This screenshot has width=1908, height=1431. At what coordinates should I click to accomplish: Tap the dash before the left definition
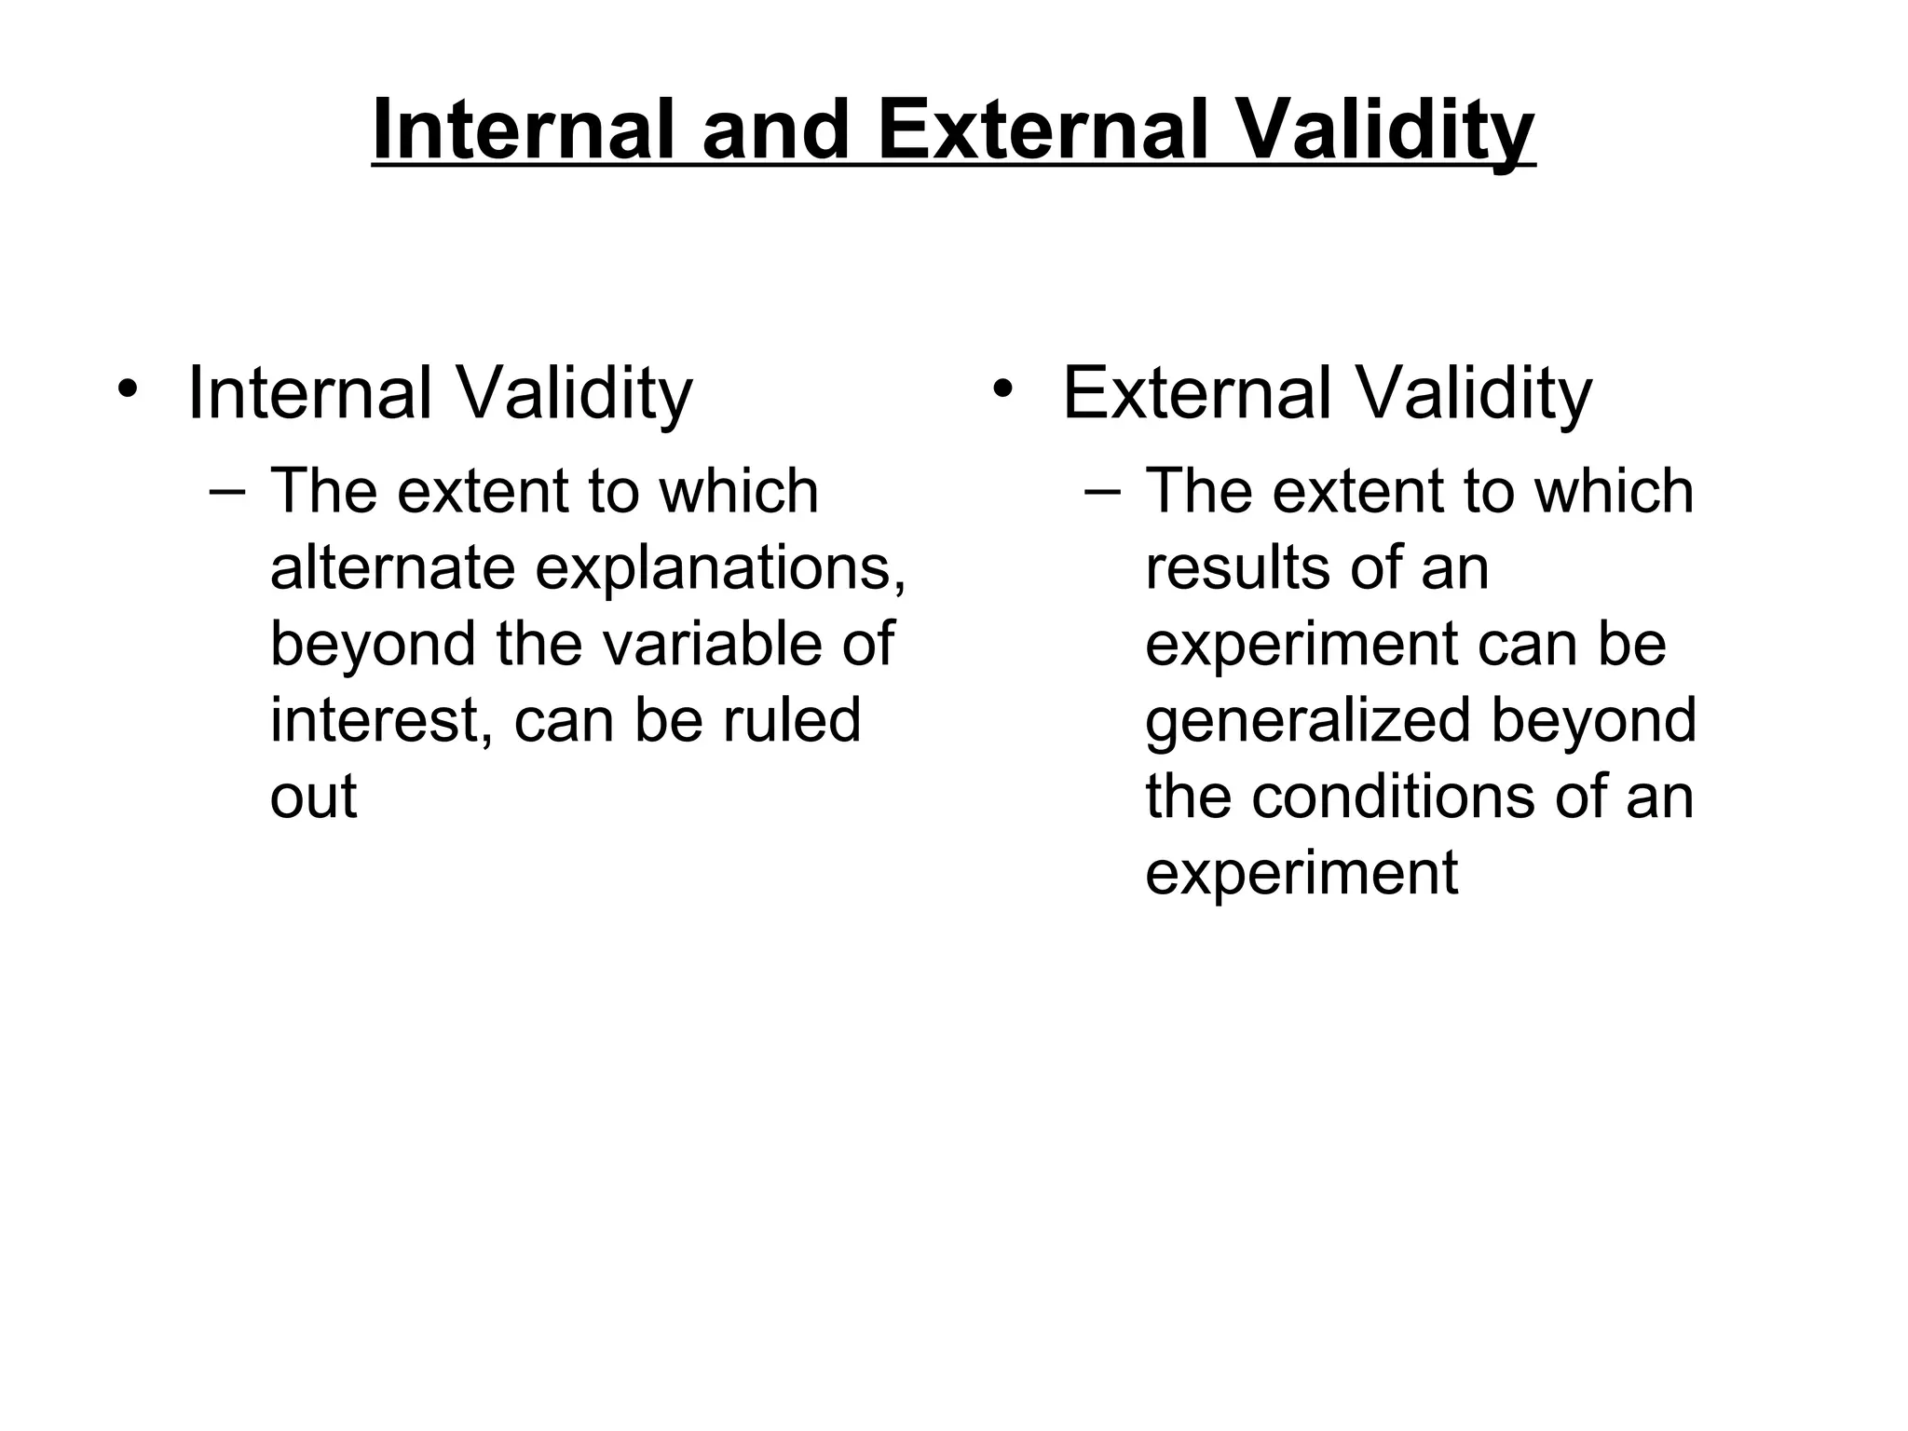click(228, 491)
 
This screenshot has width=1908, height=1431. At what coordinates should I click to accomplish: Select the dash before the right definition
click(1103, 491)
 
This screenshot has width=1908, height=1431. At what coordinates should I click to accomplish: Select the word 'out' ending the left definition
click(313, 797)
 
